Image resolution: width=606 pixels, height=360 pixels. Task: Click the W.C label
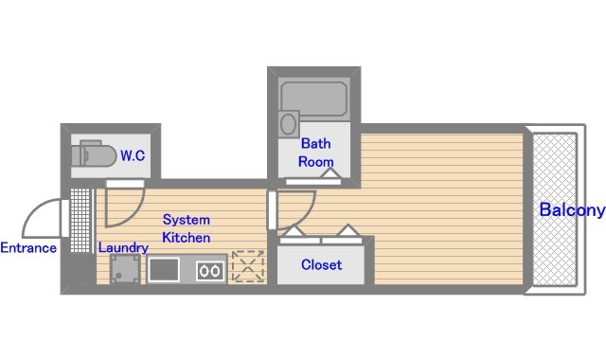133,155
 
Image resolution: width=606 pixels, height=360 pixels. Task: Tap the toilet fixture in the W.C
94,154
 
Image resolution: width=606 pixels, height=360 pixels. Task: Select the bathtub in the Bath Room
313,99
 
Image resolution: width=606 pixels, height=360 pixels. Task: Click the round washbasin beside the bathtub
288,124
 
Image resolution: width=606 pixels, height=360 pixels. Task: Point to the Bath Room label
315,153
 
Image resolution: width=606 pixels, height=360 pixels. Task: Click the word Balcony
572,210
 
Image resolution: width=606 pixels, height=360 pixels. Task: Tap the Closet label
321,264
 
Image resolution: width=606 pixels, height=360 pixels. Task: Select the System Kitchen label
187,228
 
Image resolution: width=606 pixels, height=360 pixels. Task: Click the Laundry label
123,248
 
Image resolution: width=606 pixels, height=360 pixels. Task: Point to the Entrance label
28,247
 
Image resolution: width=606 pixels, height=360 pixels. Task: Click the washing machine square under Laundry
125,269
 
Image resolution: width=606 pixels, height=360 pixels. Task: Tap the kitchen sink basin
164,269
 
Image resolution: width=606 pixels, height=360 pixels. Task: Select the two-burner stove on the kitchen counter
210,271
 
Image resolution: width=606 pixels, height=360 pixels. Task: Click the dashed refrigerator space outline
248,266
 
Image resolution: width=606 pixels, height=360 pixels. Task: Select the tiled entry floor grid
80,221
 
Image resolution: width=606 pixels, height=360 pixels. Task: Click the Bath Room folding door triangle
330,172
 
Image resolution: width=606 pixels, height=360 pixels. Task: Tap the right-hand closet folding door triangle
348,229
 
